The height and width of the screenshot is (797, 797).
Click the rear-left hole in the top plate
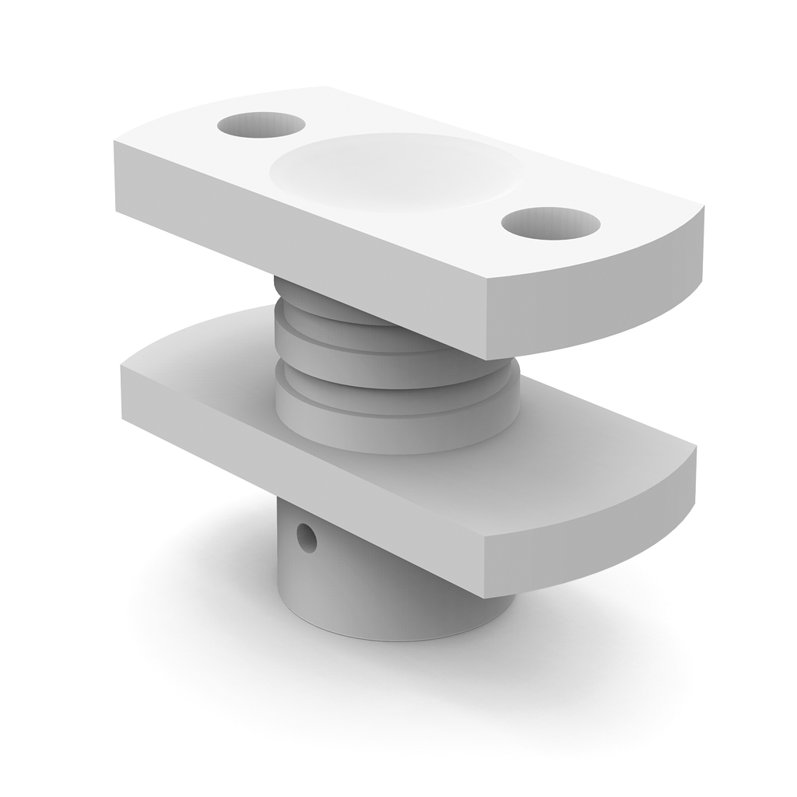(x=261, y=125)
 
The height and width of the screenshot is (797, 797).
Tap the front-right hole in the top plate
(x=550, y=223)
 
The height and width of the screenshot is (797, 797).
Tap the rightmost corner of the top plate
(x=704, y=209)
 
